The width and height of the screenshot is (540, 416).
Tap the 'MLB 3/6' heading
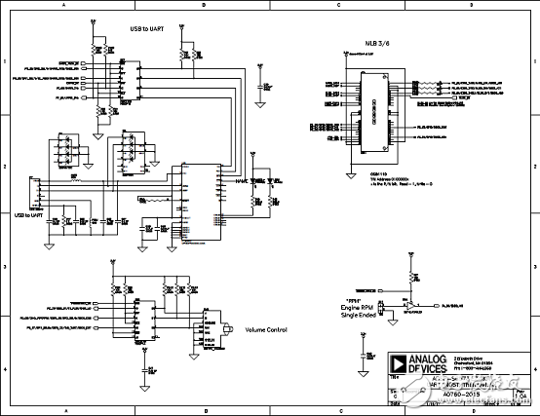pos(365,46)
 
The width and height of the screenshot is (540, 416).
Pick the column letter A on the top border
pos(64,5)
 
